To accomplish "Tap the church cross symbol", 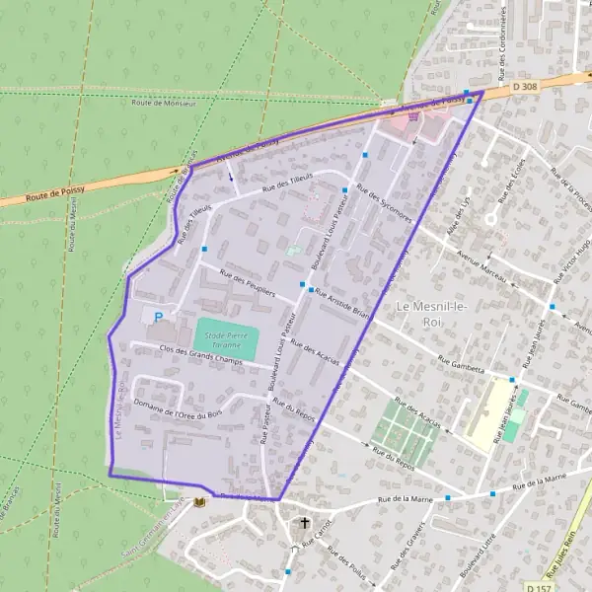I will (305, 524).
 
